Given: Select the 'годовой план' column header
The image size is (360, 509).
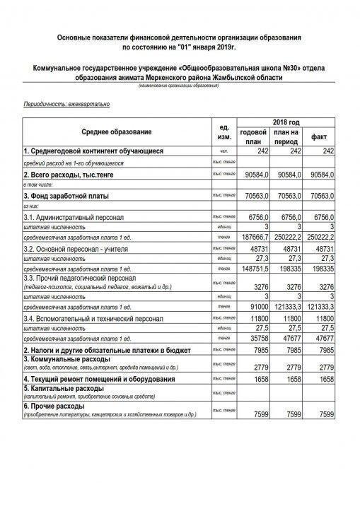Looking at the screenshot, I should click(253, 136).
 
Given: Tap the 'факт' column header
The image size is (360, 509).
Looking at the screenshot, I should click(320, 136).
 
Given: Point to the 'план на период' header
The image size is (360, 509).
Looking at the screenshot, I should click(287, 136).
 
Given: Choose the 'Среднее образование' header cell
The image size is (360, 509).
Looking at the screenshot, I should click(116, 131).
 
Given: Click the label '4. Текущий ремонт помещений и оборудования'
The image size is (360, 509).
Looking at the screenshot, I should click(99, 380).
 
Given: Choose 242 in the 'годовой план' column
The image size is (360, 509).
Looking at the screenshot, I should click(261, 151).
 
